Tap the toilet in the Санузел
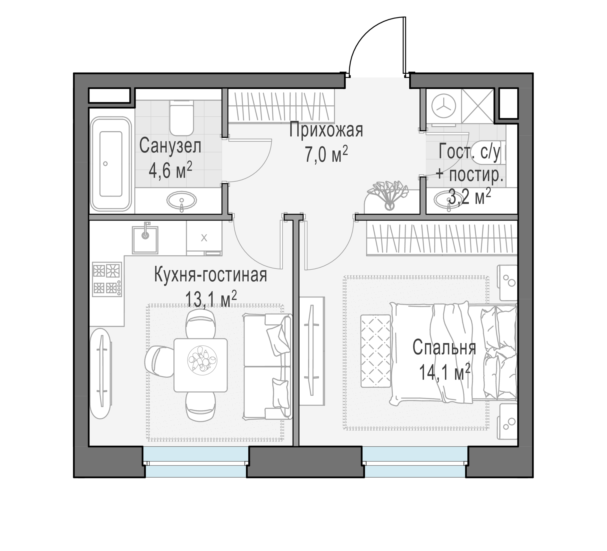[x=182, y=118]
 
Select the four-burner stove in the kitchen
[x=107, y=279]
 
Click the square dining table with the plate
[x=201, y=365]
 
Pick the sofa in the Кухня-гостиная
[x=267, y=366]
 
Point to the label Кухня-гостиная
[x=211, y=275]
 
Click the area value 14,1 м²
[x=444, y=373]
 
